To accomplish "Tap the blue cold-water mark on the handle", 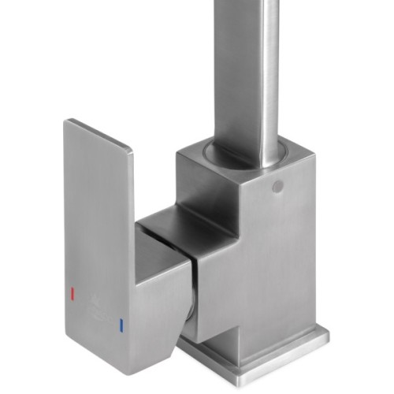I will tap(121, 324).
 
